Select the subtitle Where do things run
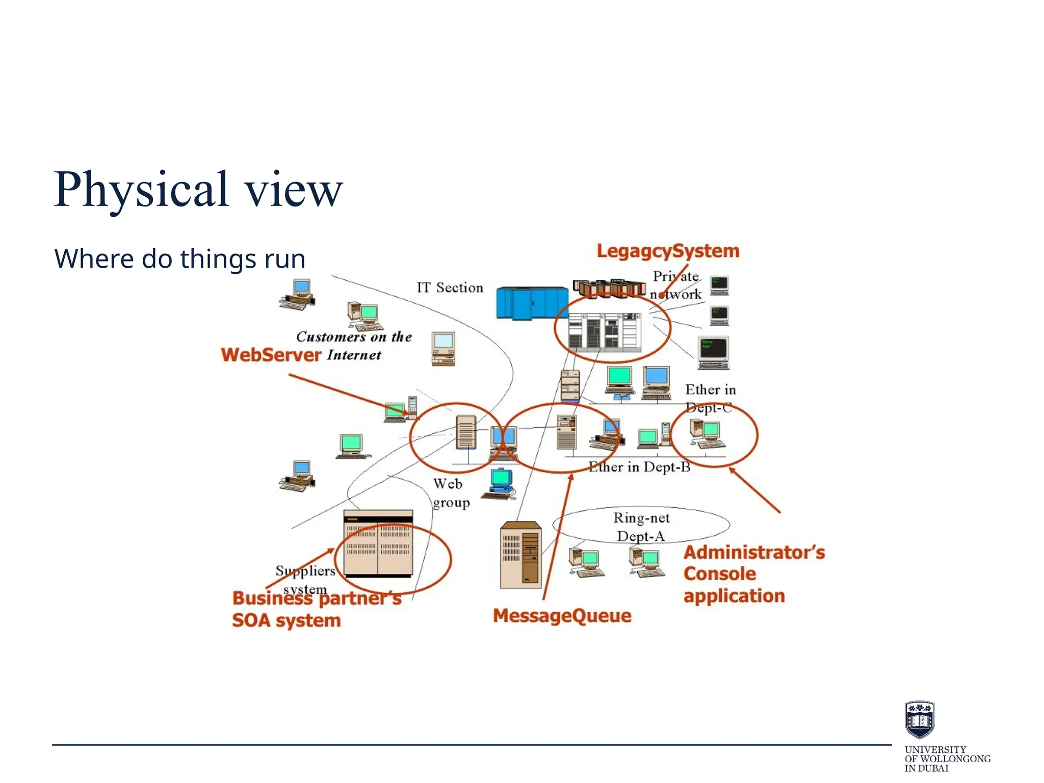179,258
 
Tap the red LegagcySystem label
667,251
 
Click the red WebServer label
271,355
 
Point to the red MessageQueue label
562,616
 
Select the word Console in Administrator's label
719,574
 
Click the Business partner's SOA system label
306,609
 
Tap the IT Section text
450,288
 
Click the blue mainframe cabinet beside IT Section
532,303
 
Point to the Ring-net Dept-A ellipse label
641,527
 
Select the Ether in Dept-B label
639,467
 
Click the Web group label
450,493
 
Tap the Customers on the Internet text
354,346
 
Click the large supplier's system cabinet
378,543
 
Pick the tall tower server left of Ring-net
520,555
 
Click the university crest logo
919,719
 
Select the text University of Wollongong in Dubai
947,759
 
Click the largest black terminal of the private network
713,352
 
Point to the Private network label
676,285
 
